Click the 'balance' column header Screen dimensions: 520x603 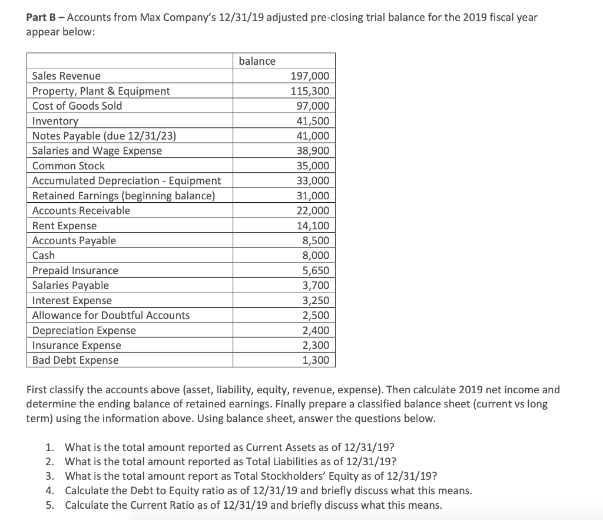[257, 61]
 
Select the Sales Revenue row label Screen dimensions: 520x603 [66, 76]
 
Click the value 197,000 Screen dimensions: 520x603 [310, 76]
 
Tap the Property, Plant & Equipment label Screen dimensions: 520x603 [101, 91]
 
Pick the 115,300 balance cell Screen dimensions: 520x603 [310, 91]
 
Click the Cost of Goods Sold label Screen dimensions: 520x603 [77, 106]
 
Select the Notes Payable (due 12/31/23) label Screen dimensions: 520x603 [104, 136]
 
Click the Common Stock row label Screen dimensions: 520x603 [68, 166]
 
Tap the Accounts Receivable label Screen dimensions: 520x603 [81, 210]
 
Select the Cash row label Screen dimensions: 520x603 [44, 255]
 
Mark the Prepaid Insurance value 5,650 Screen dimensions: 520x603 [316, 271]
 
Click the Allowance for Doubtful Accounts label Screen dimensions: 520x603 [111, 315]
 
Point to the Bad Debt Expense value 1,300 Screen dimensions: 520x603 [316, 360]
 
